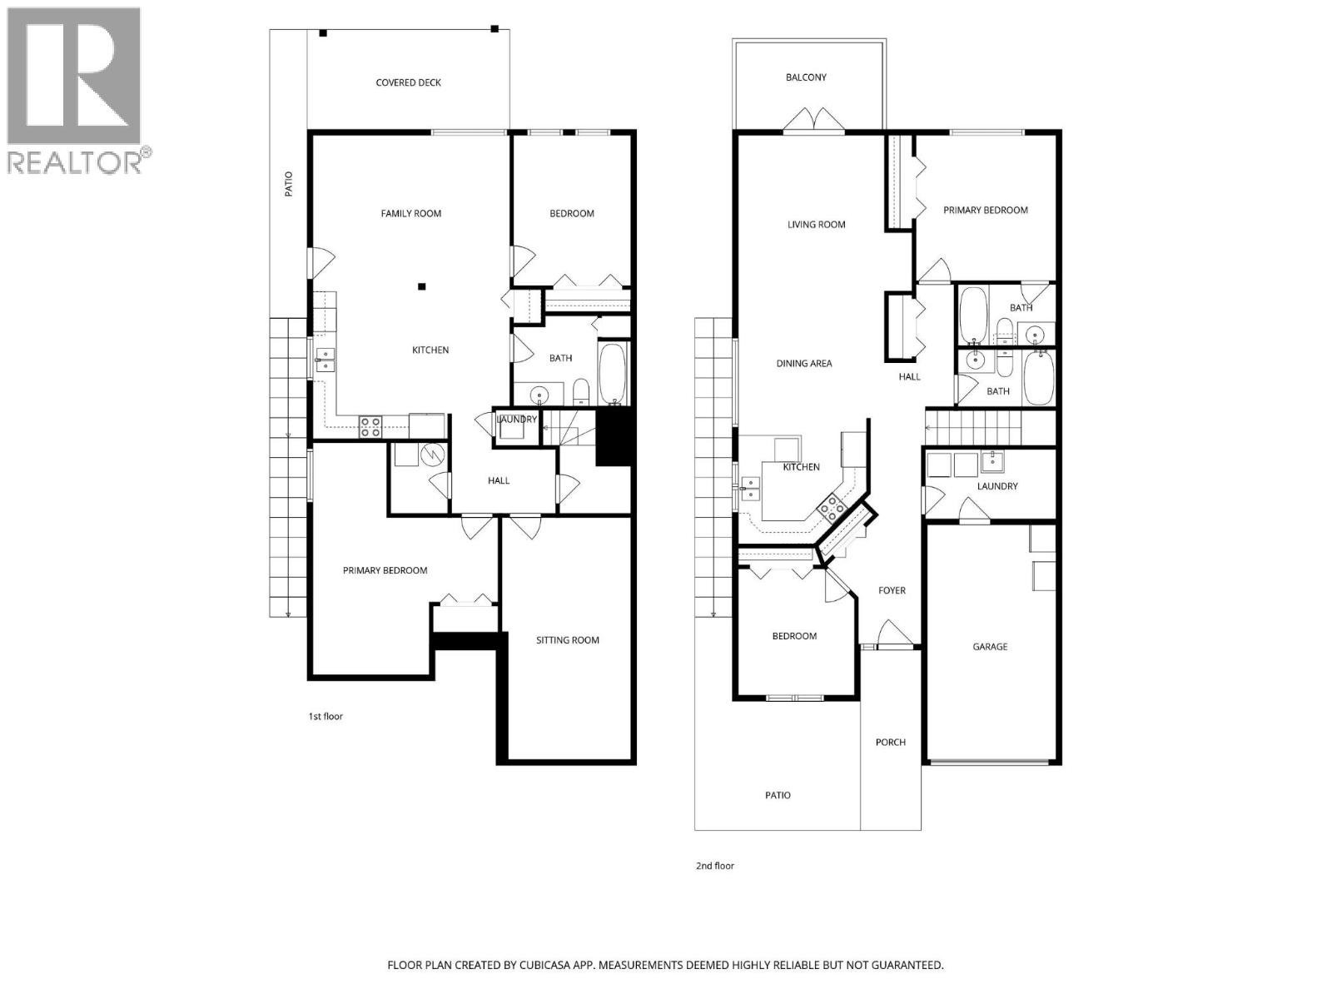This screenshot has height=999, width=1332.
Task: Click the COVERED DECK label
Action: (x=408, y=82)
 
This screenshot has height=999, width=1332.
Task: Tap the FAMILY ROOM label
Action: (x=411, y=213)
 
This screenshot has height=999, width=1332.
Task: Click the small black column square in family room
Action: (x=422, y=287)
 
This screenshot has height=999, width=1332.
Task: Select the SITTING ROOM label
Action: (x=568, y=640)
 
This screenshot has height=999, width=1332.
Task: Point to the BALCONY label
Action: (x=806, y=77)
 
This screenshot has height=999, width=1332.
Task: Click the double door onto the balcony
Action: (x=813, y=120)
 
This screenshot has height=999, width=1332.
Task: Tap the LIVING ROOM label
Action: (x=816, y=224)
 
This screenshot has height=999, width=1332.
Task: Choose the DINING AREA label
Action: (x=804, y=363)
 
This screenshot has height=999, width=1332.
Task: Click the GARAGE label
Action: (x=990, y=646)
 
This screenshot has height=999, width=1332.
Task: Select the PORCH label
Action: (x=890, y=742)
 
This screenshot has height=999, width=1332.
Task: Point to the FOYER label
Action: (x=892, y=590)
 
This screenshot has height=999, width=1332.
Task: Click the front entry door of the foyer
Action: (x=892, y=636)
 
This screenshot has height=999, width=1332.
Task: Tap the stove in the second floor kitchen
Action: (x=832, y=507)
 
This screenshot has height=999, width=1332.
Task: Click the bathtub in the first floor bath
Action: (x=614, y=374)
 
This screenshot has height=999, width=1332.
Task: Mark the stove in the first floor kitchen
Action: (x=370, y=427)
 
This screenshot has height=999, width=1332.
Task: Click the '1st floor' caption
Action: (x=326, y=716)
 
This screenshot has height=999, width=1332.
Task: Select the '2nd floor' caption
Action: (x=715, y=866)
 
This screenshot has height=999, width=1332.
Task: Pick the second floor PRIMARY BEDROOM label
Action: (x=985, y=210)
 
